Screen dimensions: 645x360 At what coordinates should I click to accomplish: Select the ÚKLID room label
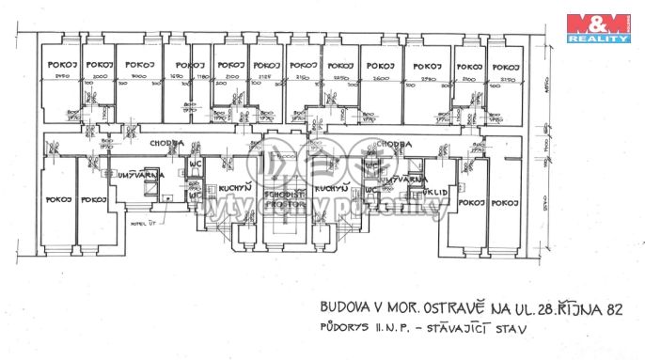click(418, 194)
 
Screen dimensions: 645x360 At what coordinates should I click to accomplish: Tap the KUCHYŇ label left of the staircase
click(232, 188)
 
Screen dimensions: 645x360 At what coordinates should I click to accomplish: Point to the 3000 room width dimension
click(141, 76)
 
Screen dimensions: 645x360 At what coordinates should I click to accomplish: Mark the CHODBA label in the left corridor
click(165, 143)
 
